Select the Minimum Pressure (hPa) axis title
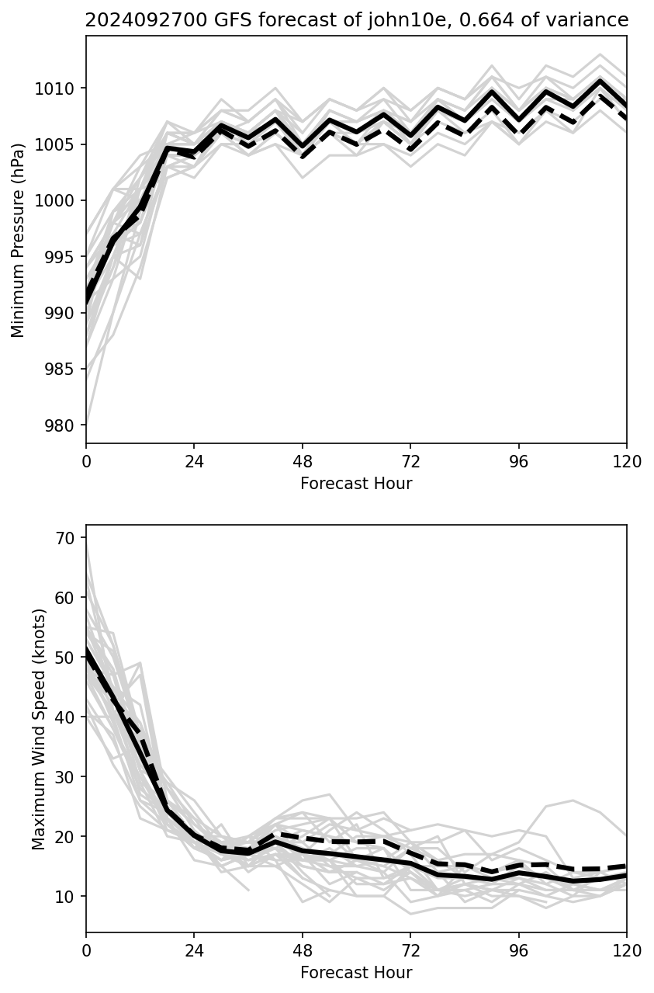tap(19, 240)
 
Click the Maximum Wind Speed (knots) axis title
tap(39, 728)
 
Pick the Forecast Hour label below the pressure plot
tap(356, 484)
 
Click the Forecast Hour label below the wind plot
tap(356, 973)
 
